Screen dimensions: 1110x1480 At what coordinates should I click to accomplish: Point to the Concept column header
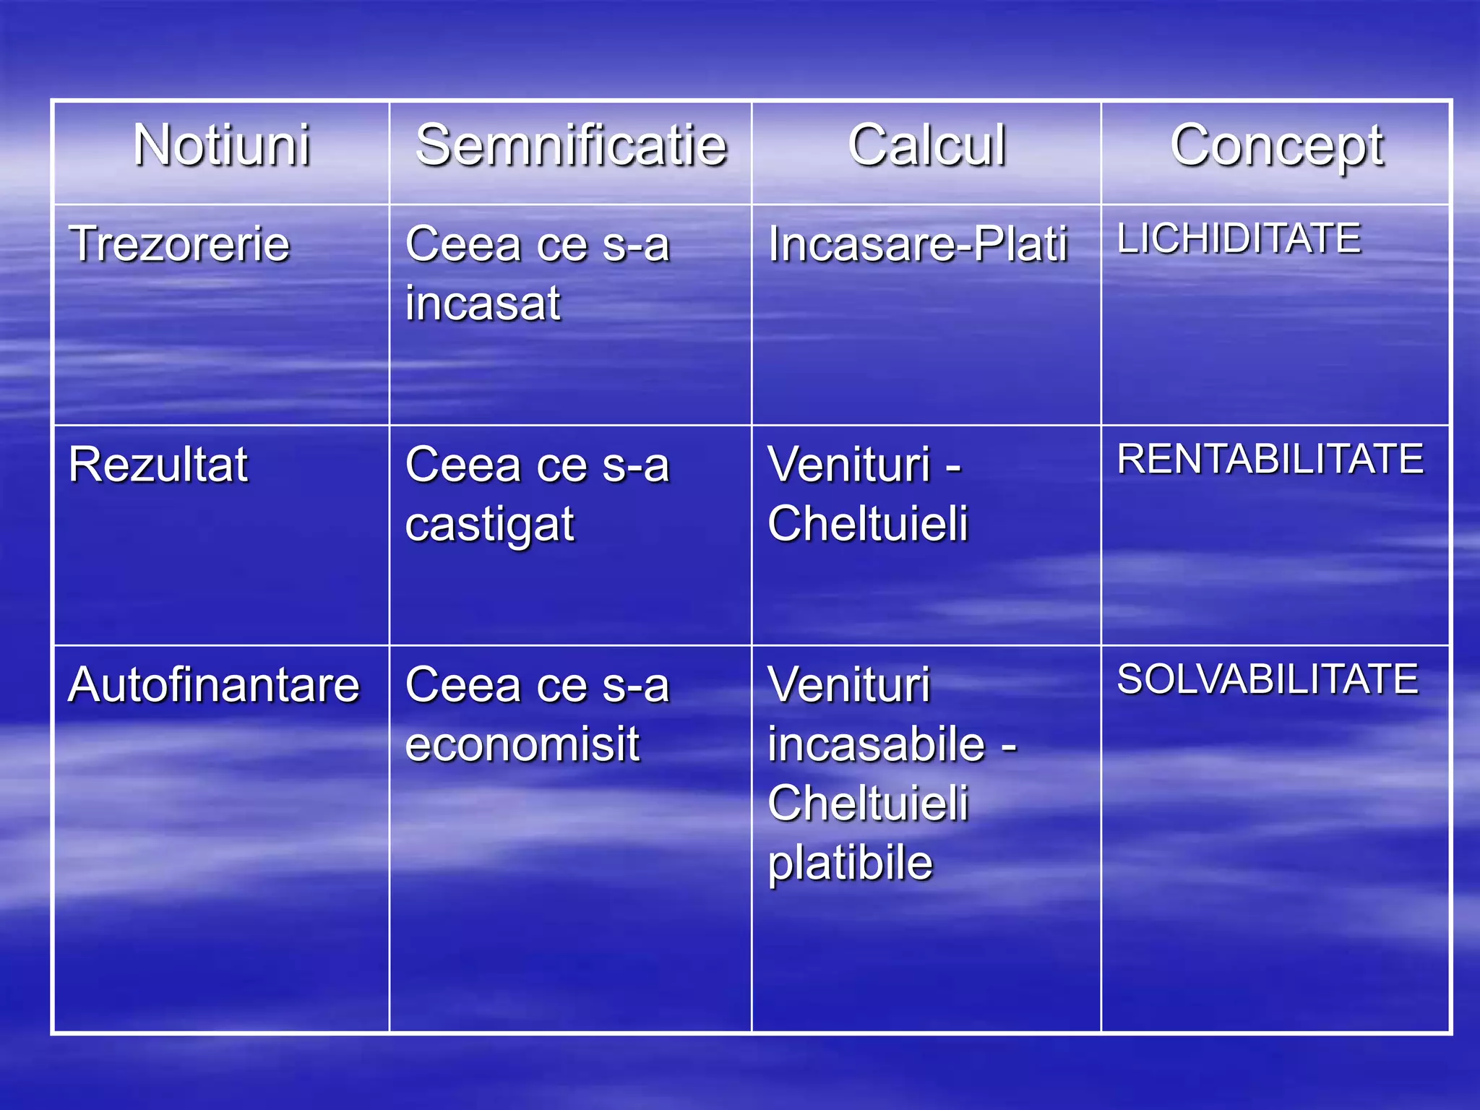click(x=1277, y=147)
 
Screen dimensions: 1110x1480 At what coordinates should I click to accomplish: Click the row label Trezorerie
click(x=179, y=244)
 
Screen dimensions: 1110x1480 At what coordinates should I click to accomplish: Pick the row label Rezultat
click(x=158, y=464)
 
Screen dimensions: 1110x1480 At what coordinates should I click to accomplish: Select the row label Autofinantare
click(x=214, y=684)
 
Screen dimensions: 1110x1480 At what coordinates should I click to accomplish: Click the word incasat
click(x=483, y=303)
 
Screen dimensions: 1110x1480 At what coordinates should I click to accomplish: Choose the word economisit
click(x=522, y=744)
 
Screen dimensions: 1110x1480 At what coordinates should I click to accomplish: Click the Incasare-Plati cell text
click(x=918, y=244)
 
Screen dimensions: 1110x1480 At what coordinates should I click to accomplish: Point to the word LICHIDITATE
click(x=1239, y=238)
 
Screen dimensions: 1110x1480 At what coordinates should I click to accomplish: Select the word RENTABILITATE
click(x=1270, y=459)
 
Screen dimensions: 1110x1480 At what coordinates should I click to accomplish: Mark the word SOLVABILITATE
click(x=1268, y=679)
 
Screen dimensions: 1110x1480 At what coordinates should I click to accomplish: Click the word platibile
click(x=851, y=864)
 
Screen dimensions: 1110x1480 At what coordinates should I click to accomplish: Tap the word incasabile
click(x=877, y=744)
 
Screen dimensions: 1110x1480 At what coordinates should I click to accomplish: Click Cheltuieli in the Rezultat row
click(x=868, y=523)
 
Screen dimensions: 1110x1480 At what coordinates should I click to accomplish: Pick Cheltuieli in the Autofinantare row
click(x=868, y=804)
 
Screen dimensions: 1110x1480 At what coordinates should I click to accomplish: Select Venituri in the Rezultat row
click(x=849, y=464)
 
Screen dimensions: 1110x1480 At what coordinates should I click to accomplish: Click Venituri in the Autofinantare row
click(x=849, y=684)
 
